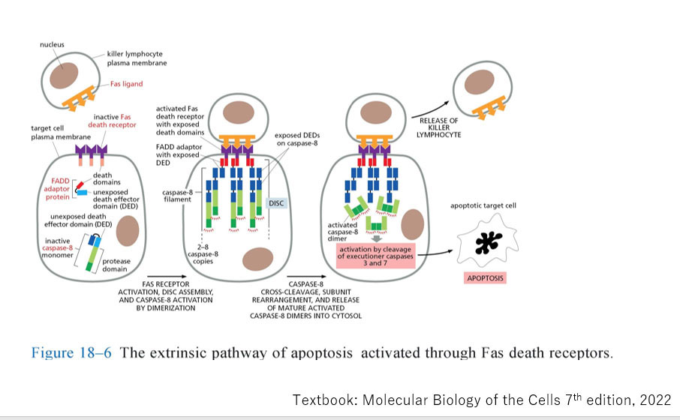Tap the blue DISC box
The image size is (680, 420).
(278, 202)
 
